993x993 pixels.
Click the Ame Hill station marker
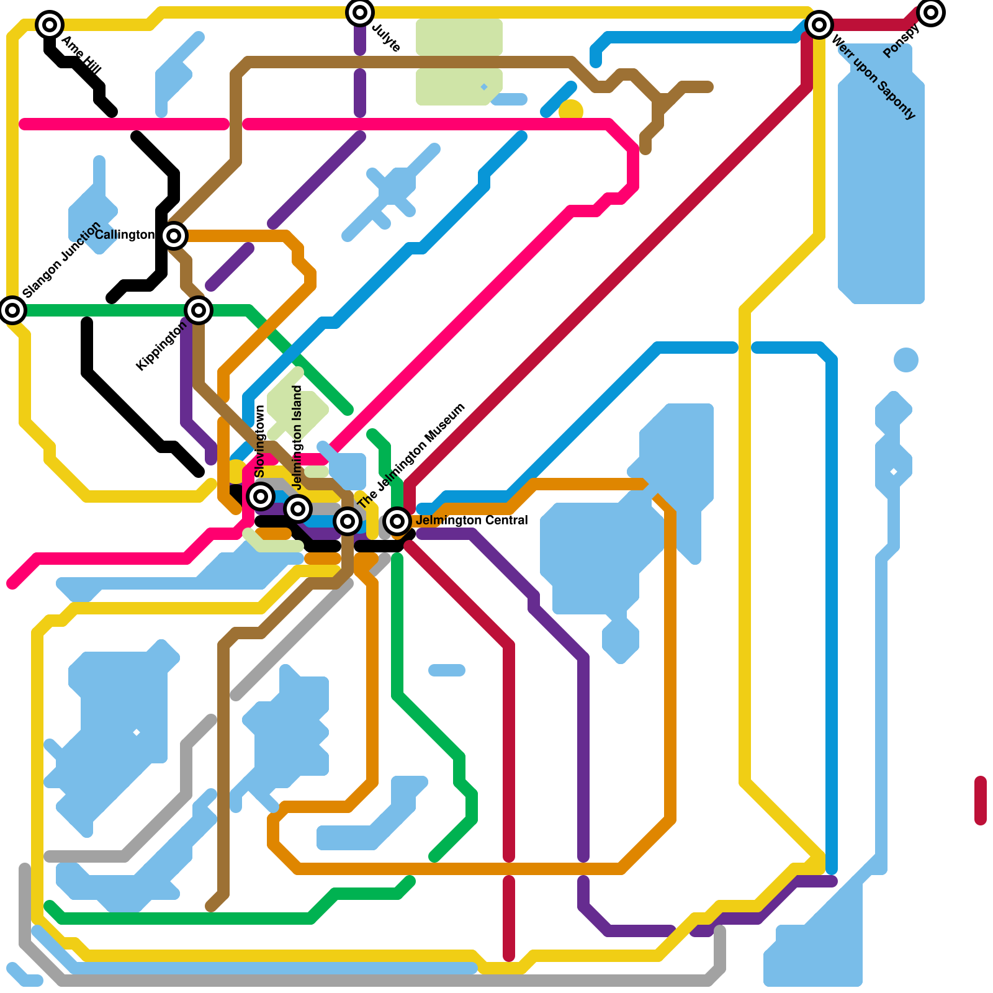[50, 25]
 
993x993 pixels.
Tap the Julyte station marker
[360, 12]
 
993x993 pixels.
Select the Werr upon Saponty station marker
[819, 25]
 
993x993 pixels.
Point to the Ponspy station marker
[931, 12]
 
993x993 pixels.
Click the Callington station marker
[174, 236]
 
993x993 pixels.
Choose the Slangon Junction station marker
[12, 310]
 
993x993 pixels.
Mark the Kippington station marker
[199, 310]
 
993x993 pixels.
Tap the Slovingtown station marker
[261, 496]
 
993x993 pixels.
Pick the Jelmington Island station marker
[298, 509]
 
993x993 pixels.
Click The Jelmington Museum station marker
[348, 521]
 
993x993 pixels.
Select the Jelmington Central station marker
[397, 521]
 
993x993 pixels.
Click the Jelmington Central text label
[472, 520]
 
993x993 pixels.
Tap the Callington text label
[124, 235]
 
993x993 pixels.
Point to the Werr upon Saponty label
[873, 78]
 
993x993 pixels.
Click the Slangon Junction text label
[61, 259]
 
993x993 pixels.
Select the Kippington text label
[161, 347]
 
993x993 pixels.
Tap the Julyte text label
[386, 38]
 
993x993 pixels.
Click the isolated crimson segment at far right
[981, 801]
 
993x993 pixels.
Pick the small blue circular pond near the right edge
[906, 360]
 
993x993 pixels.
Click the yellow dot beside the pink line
[571, 110]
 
